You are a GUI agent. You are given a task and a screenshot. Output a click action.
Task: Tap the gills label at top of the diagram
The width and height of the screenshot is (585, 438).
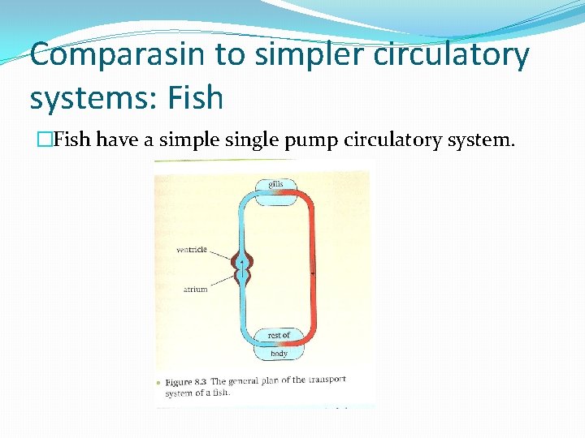pyautogui.click(x=276, y=185)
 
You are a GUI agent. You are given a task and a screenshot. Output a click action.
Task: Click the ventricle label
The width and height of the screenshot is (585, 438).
pyautogui.click(x=192, y=250)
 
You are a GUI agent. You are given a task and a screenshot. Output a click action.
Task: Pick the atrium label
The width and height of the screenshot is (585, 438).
pyautogui.click(x=195, y=289)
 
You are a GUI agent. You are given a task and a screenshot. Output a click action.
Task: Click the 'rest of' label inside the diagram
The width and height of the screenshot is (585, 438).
pyautogui.click(x=279, y=335)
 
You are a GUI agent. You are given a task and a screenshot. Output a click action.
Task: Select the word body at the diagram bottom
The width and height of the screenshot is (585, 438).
pyautogui.click(x=279, y=353)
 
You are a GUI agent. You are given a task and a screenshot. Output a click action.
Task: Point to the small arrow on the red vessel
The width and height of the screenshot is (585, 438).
pyautogui.click(x=313, y=274)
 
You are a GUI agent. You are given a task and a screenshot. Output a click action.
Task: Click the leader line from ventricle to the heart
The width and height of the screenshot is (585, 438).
pyautogui.click(x=219, y=255)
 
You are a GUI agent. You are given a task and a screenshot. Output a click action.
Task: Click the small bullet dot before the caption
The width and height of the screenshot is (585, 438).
pyautogui.click(x=159, y=382)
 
